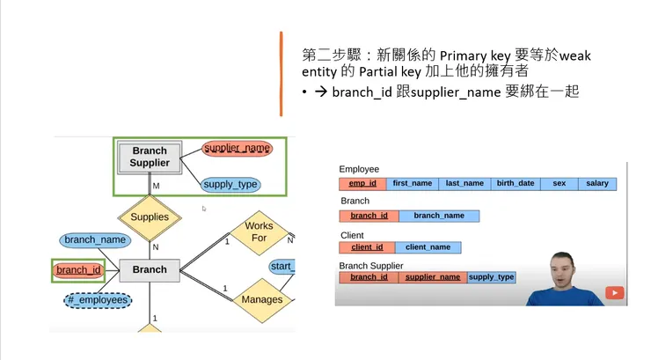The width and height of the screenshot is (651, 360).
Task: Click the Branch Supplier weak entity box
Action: (150, 157)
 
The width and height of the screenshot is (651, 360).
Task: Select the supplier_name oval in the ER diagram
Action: (237, 148)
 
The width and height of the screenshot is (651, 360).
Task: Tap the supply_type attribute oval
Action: (230, 184)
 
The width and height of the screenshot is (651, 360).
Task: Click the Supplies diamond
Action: (150, 217)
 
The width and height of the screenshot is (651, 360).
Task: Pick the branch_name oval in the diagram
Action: (95, 239)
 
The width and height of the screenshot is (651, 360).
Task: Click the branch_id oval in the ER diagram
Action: (78, 270)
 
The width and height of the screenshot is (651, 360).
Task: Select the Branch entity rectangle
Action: (149, 269)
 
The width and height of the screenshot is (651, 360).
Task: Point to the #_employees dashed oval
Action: (98, 300)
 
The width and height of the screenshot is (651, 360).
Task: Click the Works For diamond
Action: (259, 231)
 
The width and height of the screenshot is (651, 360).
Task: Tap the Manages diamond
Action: (262, 299)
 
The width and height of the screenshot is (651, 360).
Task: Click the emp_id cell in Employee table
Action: (362, 184)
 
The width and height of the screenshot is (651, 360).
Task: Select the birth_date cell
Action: (515, 184)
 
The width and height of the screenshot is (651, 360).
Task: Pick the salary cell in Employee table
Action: (596, 184)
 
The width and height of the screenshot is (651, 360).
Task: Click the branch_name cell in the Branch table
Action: (438, 216)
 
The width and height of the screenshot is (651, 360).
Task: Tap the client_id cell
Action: (368, 247)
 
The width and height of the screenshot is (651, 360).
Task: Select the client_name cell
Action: (428, 247)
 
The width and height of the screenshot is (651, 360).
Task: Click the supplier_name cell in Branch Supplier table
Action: (432, 277)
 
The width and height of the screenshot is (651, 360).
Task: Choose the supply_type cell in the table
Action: (491, 277)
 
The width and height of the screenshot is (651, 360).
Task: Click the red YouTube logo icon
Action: (615, 293)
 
